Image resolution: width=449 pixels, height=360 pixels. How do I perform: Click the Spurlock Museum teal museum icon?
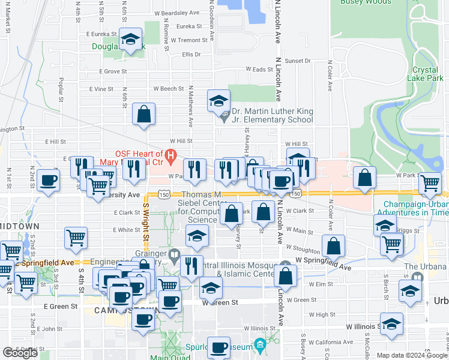pos(259,345)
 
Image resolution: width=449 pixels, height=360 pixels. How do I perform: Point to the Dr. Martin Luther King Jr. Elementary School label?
pos(272,115)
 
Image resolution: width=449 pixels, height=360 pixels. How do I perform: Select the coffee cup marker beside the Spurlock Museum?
pos(218,347)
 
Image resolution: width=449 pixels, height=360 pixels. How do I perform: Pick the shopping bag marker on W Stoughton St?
pos(333,245)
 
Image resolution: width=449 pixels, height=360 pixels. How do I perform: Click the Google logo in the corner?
pos(20,353)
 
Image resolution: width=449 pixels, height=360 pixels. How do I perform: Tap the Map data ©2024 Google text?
pos(411,355)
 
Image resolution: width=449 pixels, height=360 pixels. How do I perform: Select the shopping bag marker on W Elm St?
pos(286,275)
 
